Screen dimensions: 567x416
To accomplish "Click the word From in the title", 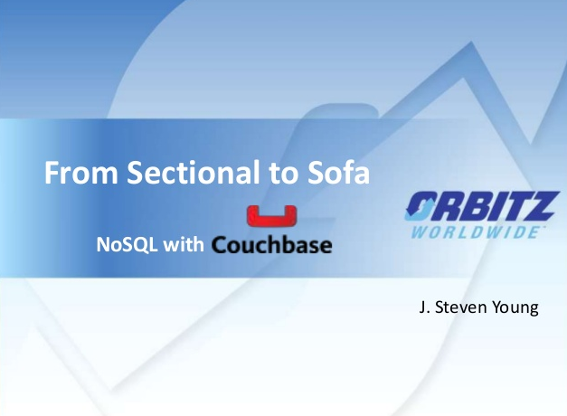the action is (x=81, y=173).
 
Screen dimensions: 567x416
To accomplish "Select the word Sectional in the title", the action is (x=194, y=172).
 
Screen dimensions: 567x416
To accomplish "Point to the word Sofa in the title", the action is (x=338, y=172).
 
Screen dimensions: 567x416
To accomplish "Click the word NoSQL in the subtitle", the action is (x=127, y=244).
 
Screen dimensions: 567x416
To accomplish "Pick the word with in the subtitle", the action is (x=184, y=244).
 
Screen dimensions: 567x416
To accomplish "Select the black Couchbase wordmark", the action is (x=271, y=244).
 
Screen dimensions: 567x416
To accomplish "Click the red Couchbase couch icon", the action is (x=271, y=215).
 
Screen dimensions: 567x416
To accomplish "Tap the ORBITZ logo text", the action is (x=482, y=206).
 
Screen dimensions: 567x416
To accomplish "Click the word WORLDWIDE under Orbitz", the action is (x=475, y=232).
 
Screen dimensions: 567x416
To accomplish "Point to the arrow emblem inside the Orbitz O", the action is (x=421, y=206).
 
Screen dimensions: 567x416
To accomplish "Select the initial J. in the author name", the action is (x=424, y=307).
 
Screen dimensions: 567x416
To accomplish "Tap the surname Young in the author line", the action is (x=515, y=308).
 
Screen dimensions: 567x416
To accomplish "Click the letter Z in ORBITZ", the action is (x=542, y=206).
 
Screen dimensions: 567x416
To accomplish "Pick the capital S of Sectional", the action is (x=135, y=173).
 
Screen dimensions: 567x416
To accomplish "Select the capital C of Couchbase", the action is (x=220, y=245).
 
